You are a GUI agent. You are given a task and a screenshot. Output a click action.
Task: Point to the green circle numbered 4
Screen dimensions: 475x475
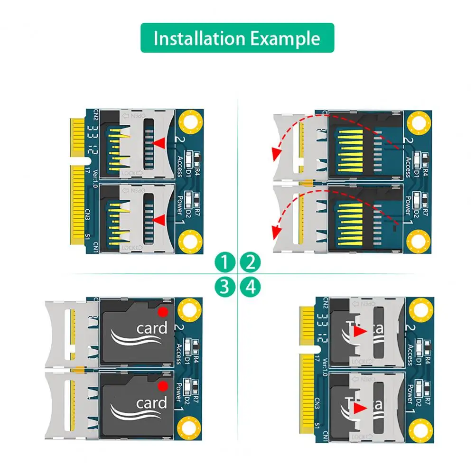coord(251,286)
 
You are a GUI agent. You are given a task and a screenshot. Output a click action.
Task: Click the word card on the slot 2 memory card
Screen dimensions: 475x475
coord(151,328)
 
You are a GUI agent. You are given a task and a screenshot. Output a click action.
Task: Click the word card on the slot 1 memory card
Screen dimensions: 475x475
coord(151,403)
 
